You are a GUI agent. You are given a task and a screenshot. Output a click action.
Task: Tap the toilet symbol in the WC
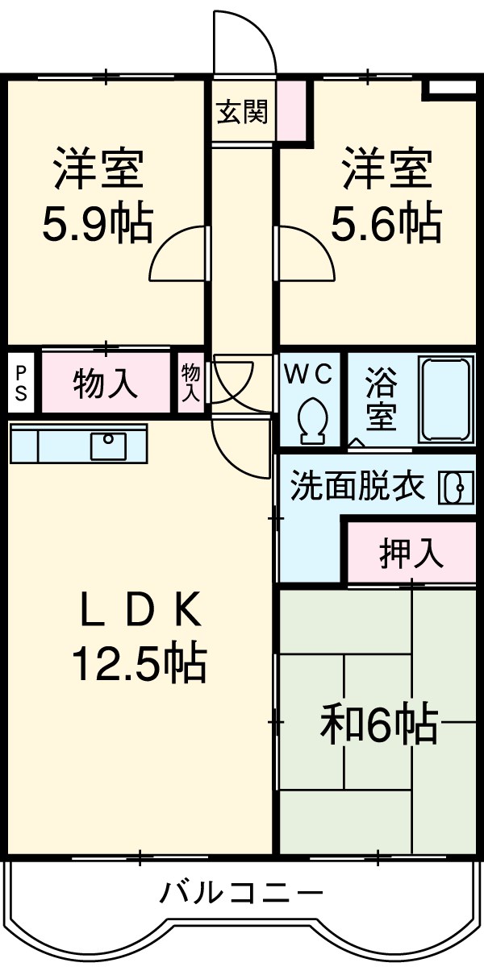(312, 420)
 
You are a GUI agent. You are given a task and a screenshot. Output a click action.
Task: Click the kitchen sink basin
(107, 445)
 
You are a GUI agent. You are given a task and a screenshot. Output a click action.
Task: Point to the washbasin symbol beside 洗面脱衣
(453, 488)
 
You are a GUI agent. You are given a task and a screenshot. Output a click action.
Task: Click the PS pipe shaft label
(21, 382)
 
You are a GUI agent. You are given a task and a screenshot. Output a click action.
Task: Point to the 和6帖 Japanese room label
(378, 725)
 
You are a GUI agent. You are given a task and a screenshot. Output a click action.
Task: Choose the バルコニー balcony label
(241, 893)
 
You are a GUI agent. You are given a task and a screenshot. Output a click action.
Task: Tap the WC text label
(311, 374)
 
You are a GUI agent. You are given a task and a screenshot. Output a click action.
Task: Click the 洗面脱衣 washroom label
(357, 487)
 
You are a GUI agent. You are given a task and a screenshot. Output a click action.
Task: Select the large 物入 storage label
(106, 384)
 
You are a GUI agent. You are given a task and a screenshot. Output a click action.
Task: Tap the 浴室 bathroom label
(381, 399)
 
